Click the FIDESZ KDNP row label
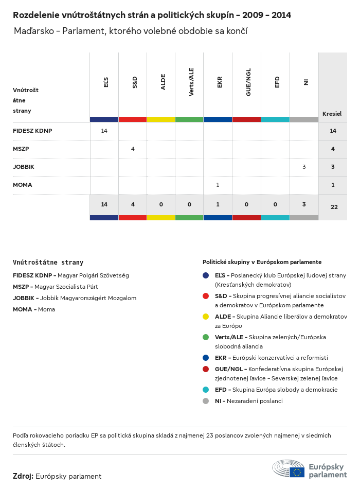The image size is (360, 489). pos(32,131)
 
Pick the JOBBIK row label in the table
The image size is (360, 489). pos(24,167)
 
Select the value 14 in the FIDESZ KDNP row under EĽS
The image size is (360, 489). pos(104,131)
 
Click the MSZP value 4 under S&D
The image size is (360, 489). pos(133,149)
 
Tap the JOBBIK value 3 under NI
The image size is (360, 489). pos(304,167)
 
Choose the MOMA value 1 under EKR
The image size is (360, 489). pos(218,185)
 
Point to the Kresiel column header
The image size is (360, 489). pos(332,114)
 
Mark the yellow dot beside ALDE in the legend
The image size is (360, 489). pos(206,317)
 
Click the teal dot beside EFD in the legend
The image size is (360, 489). pos(206,390)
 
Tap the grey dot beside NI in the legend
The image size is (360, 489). pos(206,401)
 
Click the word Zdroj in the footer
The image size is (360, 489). pos(23,476)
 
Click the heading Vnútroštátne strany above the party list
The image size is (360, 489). pos(48,262)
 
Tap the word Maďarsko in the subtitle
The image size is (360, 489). pos(33,31)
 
